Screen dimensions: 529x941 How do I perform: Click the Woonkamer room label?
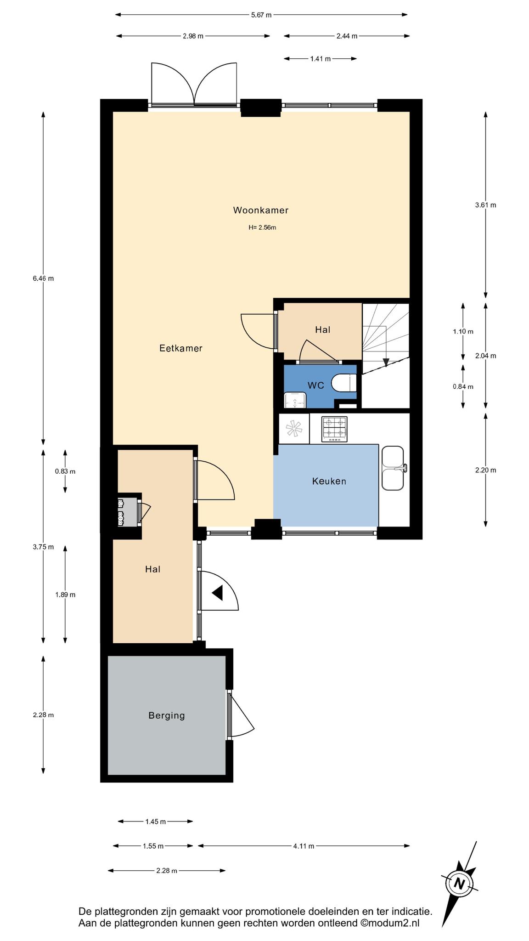click(260, 210)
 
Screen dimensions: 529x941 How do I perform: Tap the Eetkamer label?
click(180, 348)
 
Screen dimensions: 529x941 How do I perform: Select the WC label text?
click(315, 385)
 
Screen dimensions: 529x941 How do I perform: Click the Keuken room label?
click(329, 482)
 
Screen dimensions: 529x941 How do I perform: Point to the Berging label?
click(166, 715)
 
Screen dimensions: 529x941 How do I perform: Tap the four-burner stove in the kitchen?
click(334, 429)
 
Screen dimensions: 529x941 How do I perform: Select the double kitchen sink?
click(394, 468)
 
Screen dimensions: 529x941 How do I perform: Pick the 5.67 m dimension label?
click(261, 15)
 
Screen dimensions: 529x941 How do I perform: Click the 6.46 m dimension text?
click(43, 278)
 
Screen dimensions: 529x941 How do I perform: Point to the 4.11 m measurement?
click(304, 846)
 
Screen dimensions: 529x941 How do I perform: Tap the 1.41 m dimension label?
click(320, 59)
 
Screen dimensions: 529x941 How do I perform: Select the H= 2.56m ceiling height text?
click(262, 227)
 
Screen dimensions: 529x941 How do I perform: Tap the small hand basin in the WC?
click(294, 400)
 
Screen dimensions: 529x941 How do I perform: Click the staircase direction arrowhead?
click(386, 362)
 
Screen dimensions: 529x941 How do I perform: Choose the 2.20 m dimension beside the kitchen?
click(485, 470)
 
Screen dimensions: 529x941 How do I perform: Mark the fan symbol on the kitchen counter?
click(294, 429)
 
